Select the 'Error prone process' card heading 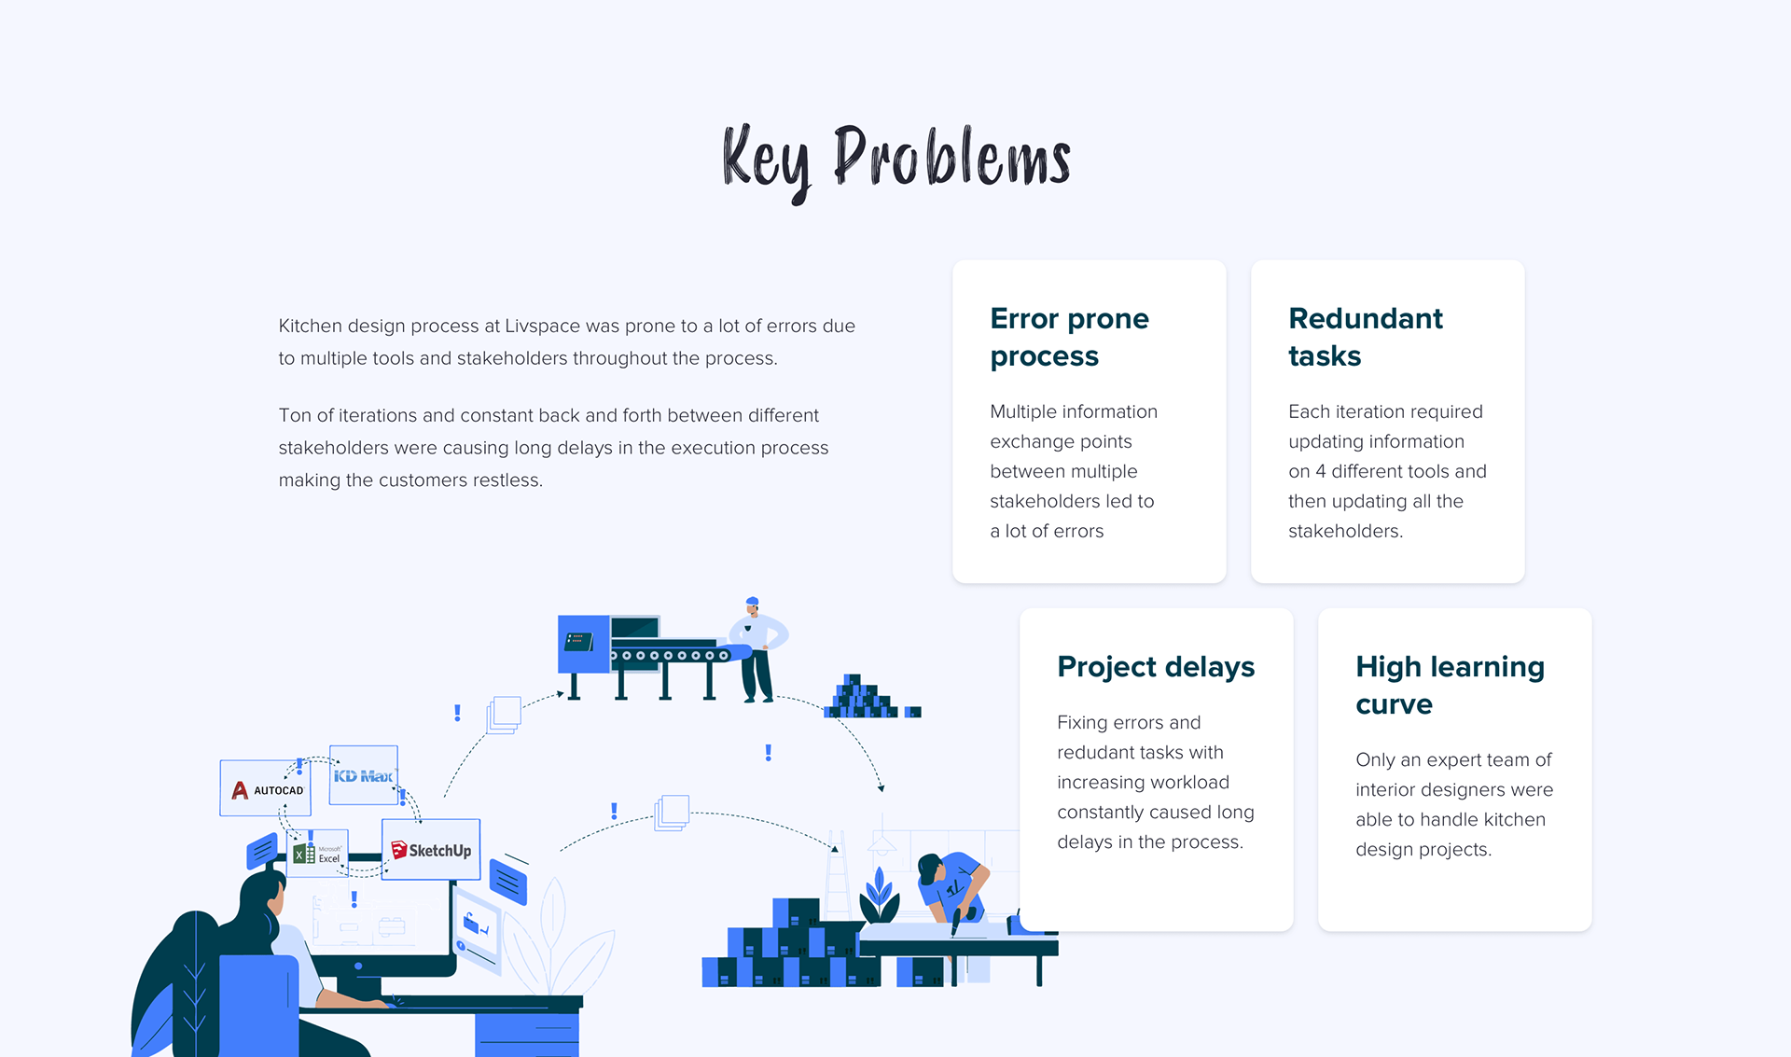pos(1069,337)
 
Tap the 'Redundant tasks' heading pos(1365,337)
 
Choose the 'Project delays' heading pos(1156,667)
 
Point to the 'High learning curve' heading pos(1450,685)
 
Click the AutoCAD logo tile pos(266,788)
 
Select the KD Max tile pos(364,775)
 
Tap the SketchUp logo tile pos(431,850)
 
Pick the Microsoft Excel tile pos(318,853)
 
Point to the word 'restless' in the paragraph pos(505,480)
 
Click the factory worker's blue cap pos(752,602)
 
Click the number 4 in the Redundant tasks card pos(1320,471)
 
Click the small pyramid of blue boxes pos(861,696)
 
